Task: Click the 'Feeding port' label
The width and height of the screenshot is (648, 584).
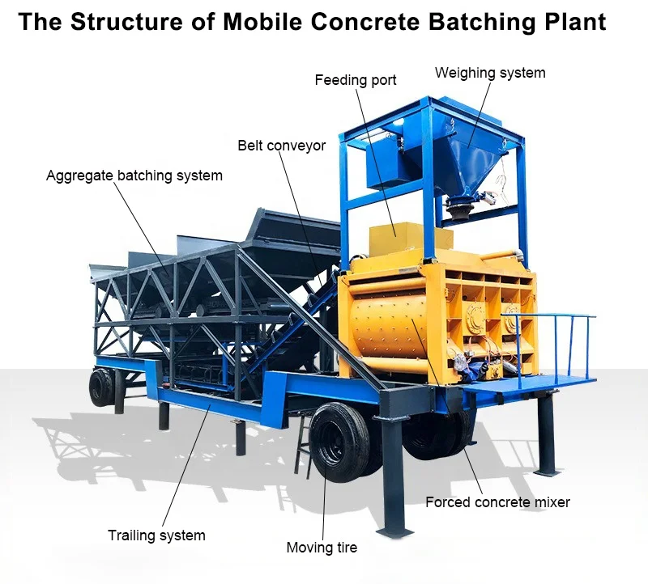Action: (x=356, y=80)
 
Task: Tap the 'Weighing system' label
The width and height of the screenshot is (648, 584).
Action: (x=490, y=73)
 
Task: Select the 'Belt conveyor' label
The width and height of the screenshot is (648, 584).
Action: (x=282, y=146)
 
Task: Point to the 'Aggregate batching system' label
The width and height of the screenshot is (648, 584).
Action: (x=134, y=175)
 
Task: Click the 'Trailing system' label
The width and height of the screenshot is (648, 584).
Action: (x=156, y=535)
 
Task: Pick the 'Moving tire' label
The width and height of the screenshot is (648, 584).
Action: (x=322, y=548)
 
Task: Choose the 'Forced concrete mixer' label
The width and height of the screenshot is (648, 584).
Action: (x=497, y=502)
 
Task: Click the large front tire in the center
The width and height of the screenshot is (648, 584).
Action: (x=340, y=442)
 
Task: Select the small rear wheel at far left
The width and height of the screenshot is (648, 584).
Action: (x=101, y=387)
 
